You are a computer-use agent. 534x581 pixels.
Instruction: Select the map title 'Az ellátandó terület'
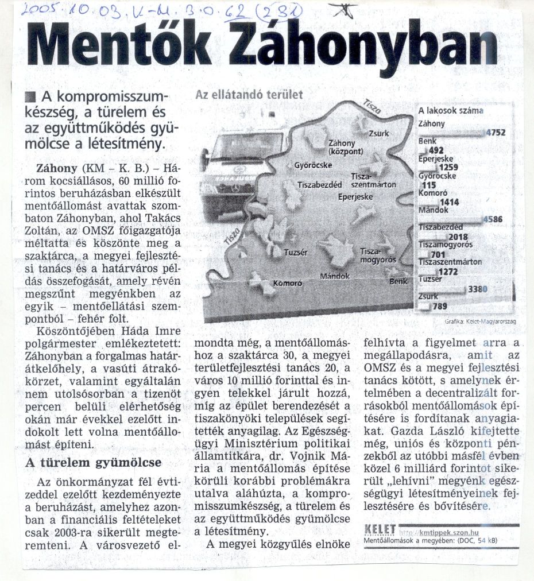click(x=249, y=95)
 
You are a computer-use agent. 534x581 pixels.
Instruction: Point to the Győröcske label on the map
click(x=313, y=165)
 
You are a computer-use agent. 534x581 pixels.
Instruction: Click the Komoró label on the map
click(x=288, y=283)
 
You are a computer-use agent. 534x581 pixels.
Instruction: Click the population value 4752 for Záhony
click(x=495, y=133)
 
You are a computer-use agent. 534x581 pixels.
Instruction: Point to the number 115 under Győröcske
click(x=428, y=185)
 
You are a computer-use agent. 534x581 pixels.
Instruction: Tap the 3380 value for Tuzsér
click(x=478, y=289)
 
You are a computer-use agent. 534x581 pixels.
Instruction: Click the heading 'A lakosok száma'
click(x=450, y=111)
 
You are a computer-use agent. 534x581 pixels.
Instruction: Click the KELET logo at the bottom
click(x=380, y=528)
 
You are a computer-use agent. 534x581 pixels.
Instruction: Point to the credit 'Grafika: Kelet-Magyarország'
click(x=480, y=322)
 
